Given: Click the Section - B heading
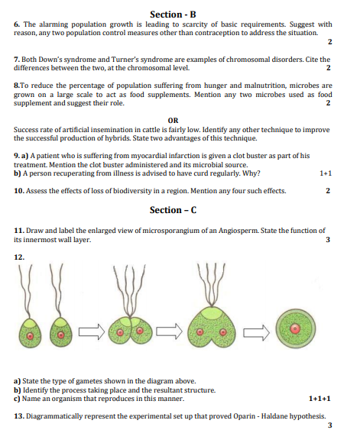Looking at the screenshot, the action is (x=173, y=14).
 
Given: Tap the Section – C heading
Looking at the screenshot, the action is (x=173, y=210).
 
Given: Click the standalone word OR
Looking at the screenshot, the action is (x=173, y=121).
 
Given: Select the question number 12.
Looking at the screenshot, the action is (x=19, y=257).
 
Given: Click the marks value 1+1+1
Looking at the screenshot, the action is (x=319, y=399).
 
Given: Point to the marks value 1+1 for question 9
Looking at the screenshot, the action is (x=326, y=173).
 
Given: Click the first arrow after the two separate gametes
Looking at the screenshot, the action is (x=92, y=331).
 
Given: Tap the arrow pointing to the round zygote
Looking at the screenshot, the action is (x=256, y=332).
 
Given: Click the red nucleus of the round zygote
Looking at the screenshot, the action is (x=295, y=328).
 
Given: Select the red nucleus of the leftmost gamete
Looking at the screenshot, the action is (x=31, y=336).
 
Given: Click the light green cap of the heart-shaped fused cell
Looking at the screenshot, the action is (x=211, y=312).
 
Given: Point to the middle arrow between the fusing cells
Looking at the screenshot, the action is (x=170, y=331).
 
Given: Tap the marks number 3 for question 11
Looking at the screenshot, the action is (x=328, y=240).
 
